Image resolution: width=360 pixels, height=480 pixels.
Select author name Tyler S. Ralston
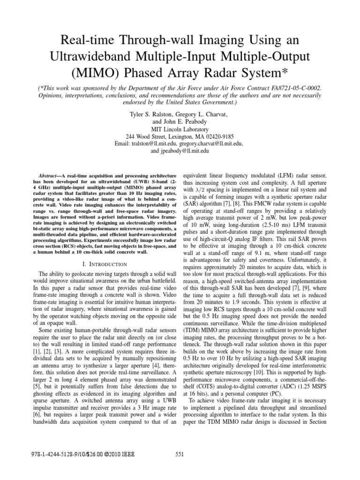(x=155, y=114)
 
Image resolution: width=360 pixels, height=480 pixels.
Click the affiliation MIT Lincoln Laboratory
(x=180, y=129)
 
